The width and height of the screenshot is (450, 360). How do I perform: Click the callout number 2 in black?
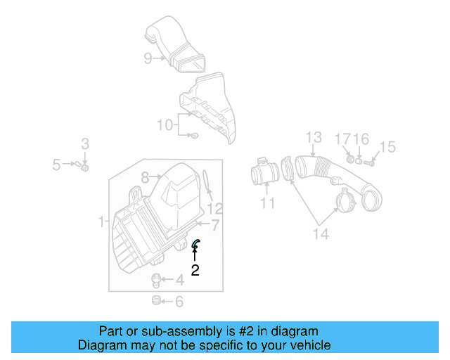tap(195, 269)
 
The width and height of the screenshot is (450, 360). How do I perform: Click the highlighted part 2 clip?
tap(196, 243)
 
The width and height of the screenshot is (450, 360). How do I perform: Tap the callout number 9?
tap(148, 58)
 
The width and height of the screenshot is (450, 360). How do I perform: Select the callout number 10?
tap(165, 125)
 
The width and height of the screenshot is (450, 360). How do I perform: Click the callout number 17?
tap(342, 139)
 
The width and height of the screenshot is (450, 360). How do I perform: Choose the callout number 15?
tap(387, 147)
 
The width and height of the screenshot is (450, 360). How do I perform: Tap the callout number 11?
tap(267, 204)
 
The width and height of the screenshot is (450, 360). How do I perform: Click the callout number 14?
tap(320, 234)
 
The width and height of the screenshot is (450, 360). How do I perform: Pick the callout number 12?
tap(215, 208)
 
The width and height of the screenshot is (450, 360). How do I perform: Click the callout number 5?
tap(56, 165)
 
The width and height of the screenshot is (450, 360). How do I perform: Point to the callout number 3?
tap(85, 144)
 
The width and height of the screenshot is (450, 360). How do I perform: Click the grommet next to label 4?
tap(156, 280)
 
